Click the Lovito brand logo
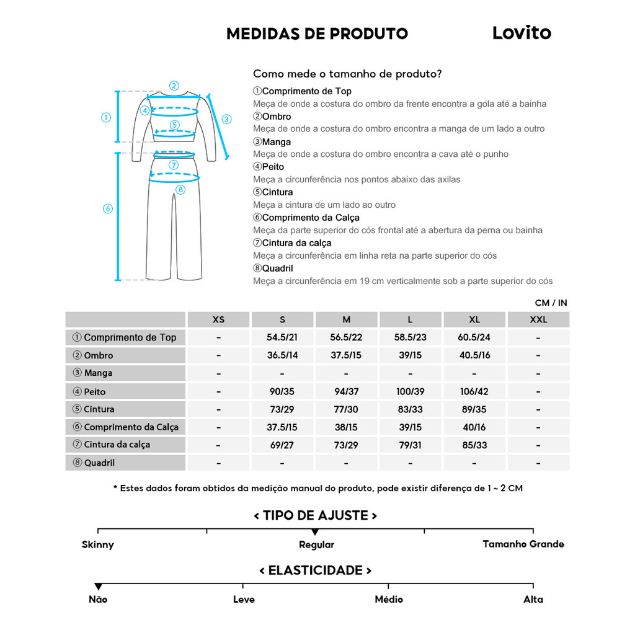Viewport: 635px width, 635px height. [x=521, y=33]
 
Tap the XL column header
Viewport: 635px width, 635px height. [x=474, y=320]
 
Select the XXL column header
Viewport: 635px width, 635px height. [x=538, y=320]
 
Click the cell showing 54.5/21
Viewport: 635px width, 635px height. [x=282, y=337]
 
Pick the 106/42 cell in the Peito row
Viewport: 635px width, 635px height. [x=474, y=391]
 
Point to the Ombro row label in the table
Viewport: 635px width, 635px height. [x=99, y=355]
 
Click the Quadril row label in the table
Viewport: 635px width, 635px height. [x=99, y=463]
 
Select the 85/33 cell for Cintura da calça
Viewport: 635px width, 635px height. [x=474, y=445]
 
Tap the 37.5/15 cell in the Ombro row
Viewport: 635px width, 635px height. [x=346, y=355]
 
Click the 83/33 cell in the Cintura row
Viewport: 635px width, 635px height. [x=410, y=409]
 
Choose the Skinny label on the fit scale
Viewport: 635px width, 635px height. [x=98, y=544]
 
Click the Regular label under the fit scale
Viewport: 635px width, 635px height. [x=316, y=544]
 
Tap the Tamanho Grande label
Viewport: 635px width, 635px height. [x=523, y=544]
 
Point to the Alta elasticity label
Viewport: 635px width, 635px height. [x=533, y=599]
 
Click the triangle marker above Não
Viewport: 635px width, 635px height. [x=98, y=587]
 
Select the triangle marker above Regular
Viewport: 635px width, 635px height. [x=315, y=532]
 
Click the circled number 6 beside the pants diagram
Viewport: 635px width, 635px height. [x=107, y=209]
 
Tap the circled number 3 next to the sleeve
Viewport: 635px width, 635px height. [x=226, y=119]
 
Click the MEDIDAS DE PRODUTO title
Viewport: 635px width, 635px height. [x=317, y=33]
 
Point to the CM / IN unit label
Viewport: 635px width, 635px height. [x=551, y=303]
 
